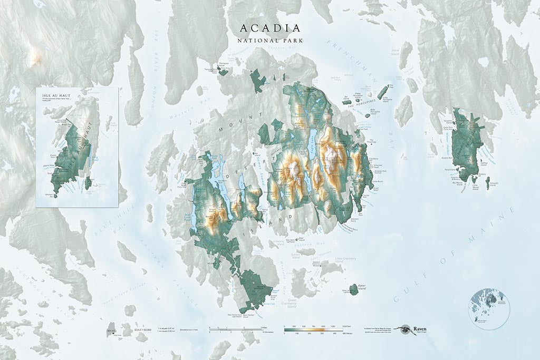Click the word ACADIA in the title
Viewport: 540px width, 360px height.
(270, 28)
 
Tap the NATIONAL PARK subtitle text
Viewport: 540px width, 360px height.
(270, 40)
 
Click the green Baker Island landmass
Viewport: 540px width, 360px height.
(353, 289)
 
